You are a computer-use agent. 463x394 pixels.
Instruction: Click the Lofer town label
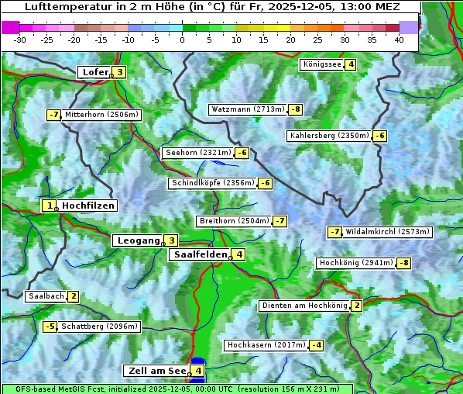[94, 72]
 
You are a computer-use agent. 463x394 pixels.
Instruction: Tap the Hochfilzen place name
[88, 206]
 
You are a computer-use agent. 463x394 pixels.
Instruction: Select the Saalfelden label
[200, 254]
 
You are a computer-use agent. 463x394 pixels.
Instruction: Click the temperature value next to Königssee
[351, 64]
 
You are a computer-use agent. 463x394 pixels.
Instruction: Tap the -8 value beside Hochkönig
[404, 263]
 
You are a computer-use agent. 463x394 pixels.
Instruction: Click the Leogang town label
[138, 240]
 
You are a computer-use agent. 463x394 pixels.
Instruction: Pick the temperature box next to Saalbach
[73, 296]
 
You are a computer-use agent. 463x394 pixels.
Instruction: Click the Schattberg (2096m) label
[100, 327]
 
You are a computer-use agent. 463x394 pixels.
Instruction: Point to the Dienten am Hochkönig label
[304, 306]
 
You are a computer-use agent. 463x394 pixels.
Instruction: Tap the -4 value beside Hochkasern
[316, 344]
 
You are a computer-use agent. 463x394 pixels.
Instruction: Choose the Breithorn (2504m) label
[233, 221]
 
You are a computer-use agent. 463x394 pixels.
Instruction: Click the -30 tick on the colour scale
[20, 40]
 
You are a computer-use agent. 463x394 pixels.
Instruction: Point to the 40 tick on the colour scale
[399, 40]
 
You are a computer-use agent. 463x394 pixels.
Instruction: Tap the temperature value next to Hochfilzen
[49, 206]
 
